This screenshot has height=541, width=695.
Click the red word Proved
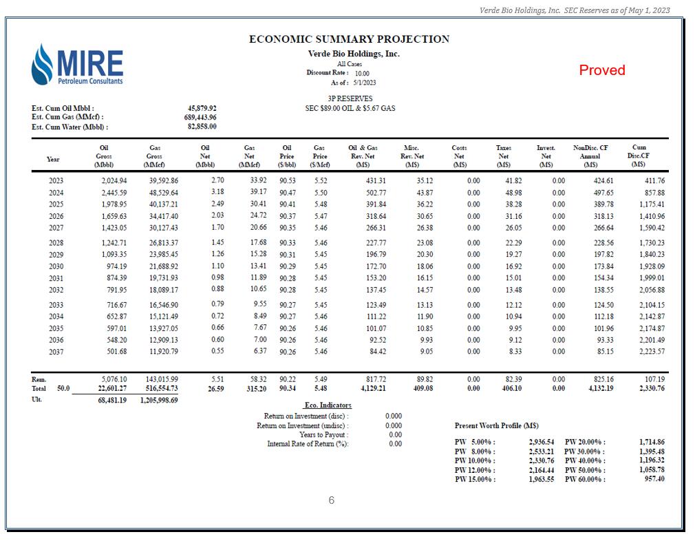(x=601, y=70)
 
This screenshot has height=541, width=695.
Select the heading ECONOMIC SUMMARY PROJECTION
(x=349, y=39)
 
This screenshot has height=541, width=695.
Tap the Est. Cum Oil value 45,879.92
(x=202, y=108)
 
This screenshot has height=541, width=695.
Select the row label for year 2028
(x=56, y=243)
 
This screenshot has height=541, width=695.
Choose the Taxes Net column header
(x=503, y=156)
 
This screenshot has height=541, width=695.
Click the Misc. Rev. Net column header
(x=412, y=156)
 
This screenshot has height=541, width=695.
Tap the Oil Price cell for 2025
(x=288, y=204)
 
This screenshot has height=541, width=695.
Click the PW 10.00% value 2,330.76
(x=541, y=460)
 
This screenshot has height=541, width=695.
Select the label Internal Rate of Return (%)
(x=308, y=444)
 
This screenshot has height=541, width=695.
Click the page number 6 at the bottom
(x=331, y=500)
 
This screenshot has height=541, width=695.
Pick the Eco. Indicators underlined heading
(x=328, y=405)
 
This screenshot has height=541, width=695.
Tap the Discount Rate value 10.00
(x=362, y=73)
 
